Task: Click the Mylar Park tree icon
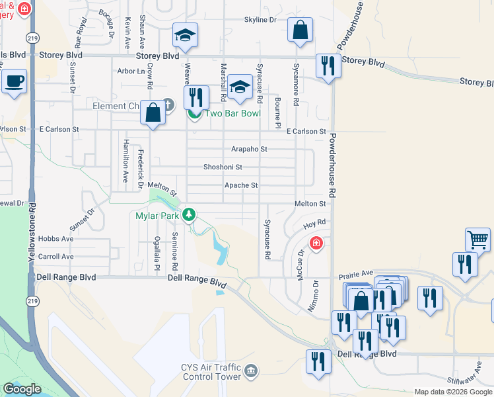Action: tap(189, 214)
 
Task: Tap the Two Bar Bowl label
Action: tap(232, 113)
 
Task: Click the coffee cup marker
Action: tap(14, 82)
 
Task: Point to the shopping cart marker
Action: tap(478, 239)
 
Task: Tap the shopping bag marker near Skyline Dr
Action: tap(300, 30)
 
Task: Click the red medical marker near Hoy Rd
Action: tap(316, 243)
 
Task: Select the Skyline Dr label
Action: tap(260, 20)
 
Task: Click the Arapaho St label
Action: tap(249, 150)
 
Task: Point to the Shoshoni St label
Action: tap(223, 167)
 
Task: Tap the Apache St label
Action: tap(240, 186)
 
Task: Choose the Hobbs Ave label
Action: tap(55, 238)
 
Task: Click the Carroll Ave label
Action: tap(56, 256)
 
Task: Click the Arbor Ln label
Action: tap(130, 71)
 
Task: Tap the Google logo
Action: tap(21, 389)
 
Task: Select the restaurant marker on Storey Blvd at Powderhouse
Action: tap(328, 66)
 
